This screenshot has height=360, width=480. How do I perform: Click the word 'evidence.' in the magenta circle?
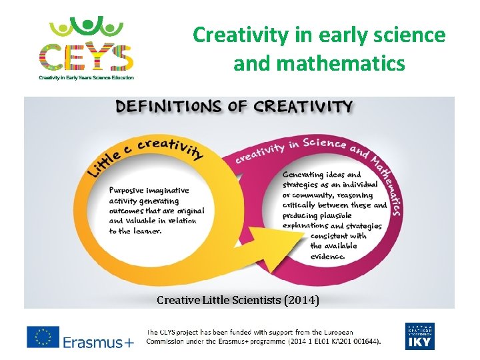(327, 256)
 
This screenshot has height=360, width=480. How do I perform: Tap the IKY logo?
(419, 336)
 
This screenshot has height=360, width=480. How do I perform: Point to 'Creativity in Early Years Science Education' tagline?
(86, 78)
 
